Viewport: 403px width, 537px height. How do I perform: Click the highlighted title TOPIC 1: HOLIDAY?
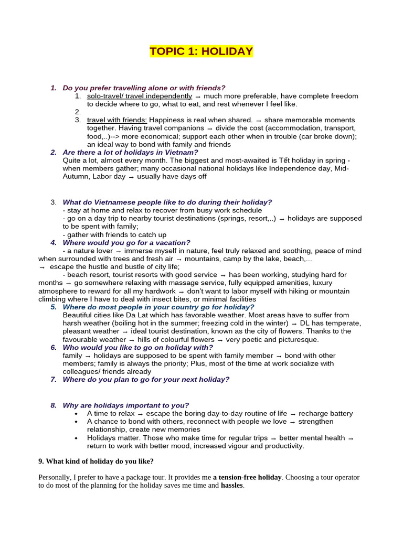pos(201,51)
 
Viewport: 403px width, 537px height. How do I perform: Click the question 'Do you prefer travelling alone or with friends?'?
pos(144,88)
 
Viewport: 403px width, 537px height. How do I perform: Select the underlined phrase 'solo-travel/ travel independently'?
pos(140,96)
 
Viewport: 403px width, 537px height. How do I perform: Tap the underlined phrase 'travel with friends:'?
pos(117,120)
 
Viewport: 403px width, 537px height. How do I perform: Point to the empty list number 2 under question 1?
pos(78,112)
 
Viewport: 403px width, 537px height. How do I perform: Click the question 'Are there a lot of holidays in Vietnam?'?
pos(130,153)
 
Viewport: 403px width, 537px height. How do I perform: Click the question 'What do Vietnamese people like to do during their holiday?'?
pos(167,202)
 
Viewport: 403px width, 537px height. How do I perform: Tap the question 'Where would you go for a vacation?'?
pos(126,243)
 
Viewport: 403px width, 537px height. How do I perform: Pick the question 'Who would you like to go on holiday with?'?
pos(137,348)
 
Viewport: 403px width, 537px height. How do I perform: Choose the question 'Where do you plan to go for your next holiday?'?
pos(146,380)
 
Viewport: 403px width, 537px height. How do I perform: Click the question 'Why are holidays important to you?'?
pos(125,405)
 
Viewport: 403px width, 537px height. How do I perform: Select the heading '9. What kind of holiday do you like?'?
pos(96,461)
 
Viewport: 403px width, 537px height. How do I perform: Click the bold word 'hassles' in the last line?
pos(231,486)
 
